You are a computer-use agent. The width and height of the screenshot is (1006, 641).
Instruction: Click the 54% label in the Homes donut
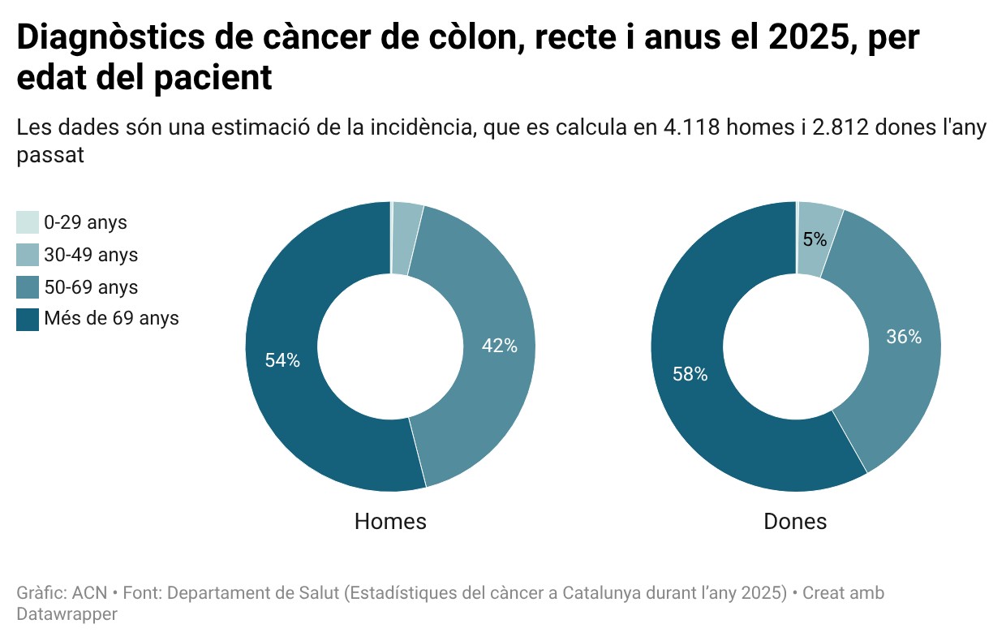coord(282,361)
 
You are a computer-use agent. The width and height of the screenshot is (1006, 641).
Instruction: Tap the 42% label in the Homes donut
coord(499,346)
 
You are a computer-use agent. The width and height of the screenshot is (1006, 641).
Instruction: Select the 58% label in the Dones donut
coord(690,374)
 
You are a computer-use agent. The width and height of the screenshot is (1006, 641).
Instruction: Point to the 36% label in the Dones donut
coord(904,338)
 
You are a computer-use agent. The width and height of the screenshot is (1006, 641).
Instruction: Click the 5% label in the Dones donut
coord(815,239)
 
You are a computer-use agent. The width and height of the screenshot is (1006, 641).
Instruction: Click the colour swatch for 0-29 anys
coord(28,222)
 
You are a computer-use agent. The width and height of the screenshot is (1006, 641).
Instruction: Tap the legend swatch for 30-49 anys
coord(28,255)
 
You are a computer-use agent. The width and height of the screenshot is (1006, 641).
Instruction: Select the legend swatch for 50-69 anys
coord(28,287)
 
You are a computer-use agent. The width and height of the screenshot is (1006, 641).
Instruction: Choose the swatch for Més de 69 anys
coord(28,319)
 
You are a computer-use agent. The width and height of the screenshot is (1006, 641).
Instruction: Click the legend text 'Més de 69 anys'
coord(111,319)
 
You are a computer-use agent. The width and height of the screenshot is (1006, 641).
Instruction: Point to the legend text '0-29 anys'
coord(85,222)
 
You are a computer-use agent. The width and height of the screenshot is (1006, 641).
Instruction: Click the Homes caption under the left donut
coord(390,521)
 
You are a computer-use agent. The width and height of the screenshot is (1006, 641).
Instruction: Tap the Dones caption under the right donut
coord(795,521)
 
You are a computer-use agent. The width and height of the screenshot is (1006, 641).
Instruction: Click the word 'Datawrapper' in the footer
coord(67,614)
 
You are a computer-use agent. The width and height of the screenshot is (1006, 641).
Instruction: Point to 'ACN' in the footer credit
coord(89,593)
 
